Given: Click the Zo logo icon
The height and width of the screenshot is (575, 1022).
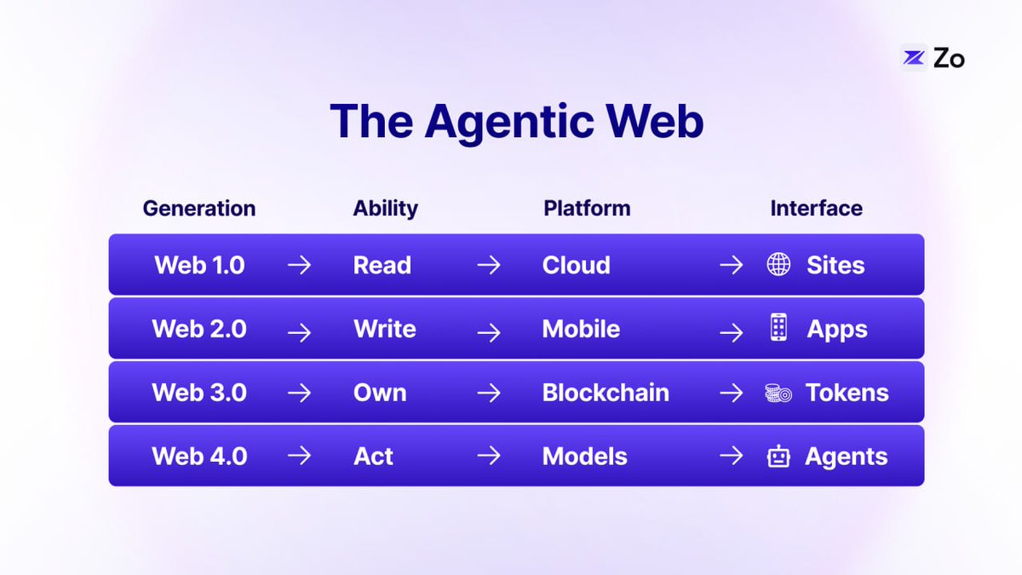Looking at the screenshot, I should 914,58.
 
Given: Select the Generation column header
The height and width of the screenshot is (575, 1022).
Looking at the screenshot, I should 198,208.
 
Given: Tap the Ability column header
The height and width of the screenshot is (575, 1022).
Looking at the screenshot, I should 386,208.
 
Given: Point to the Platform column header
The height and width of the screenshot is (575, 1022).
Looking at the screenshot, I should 587,208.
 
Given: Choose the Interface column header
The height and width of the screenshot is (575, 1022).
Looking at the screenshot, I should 816,208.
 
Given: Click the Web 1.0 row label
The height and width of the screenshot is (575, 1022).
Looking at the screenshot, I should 199,265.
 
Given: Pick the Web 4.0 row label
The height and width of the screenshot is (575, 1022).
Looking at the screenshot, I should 199,456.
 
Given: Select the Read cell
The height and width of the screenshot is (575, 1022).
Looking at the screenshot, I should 382,265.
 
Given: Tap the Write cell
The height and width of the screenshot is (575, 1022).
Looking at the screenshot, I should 385,329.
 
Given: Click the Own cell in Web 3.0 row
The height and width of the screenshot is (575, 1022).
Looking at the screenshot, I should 380,393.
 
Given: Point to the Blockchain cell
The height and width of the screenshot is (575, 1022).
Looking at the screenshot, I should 606,393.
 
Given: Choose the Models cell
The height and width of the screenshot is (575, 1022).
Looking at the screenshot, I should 584,456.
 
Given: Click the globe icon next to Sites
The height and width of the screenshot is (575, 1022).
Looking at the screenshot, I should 778,265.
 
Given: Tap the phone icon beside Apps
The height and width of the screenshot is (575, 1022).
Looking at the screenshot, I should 778,329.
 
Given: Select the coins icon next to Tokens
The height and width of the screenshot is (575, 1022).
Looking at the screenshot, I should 778,394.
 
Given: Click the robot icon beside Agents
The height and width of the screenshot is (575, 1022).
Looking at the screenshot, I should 778,457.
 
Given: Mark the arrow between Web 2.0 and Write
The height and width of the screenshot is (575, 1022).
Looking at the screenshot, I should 299,330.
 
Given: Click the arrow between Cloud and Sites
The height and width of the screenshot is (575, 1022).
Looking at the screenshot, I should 731,266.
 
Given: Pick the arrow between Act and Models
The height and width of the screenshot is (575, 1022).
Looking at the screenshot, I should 489,457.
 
